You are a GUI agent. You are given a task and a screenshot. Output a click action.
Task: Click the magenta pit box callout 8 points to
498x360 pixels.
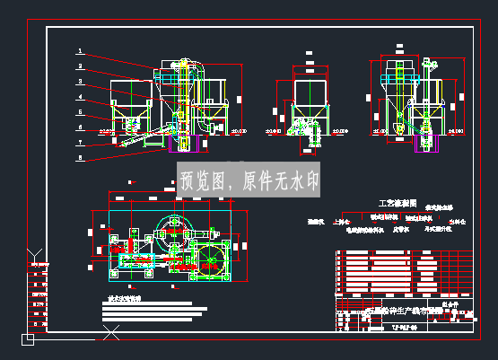pyautogui.click(x=183, y=145)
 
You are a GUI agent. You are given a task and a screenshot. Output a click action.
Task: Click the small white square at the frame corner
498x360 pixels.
pyautogui.click(x=28, y=339)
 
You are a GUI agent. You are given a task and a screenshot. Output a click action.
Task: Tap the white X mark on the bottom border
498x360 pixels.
pyautogui.click(x=111, y=335)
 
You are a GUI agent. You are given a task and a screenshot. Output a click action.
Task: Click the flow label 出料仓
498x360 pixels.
pyautogui.click(x=459, y=220)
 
